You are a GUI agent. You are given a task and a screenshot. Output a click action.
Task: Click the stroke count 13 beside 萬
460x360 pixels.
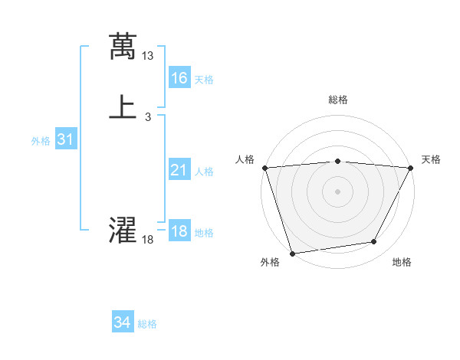click(x=148, y=56)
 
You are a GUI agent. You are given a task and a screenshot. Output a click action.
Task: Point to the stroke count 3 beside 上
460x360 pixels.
click(x=148, y=117)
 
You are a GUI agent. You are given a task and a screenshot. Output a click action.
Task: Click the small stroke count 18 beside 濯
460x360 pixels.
click(x=148, y=240)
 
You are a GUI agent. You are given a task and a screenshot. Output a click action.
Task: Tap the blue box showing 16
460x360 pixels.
click(x=179, y=77)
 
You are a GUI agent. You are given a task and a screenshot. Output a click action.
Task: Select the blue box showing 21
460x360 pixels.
click(x=179, y=170)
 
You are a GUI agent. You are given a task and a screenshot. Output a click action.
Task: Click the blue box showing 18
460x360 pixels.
click(x=179, y=231)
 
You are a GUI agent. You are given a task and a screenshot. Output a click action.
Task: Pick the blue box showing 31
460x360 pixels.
click(x=65, y=139)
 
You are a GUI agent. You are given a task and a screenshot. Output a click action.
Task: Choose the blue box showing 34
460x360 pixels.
click(x=123, y=322)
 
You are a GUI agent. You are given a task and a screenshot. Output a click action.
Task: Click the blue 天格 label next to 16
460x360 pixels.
click(x=204, y=80)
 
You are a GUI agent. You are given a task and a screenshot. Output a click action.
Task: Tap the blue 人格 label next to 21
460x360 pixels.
click(x=204, y=172)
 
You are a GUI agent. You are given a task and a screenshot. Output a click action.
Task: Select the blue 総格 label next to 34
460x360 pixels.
click(x=147, y=324)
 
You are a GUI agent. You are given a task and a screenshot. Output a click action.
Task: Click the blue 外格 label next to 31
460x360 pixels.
click(x=41, y=141)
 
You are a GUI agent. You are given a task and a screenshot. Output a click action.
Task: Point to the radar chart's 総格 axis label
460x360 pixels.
click(x=337, y=100)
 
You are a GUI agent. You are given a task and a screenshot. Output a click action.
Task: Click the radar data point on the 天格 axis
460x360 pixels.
click(x=411, y=168)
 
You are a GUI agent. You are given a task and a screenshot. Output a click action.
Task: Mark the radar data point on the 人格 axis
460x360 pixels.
click(x=264, y=168)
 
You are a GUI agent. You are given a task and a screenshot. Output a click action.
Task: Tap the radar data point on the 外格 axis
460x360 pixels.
click(x=292, y=253)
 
